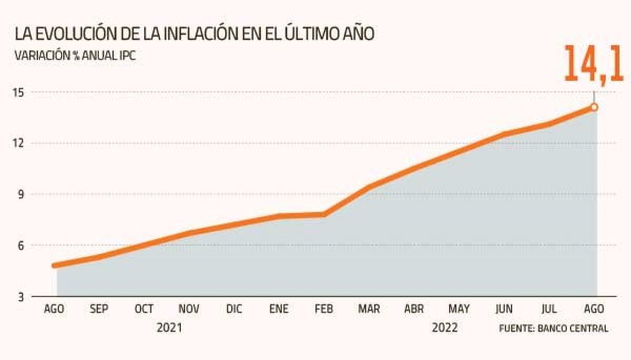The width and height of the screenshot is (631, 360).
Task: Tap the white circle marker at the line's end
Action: [594, 107]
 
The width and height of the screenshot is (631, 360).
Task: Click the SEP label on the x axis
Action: [99, 310]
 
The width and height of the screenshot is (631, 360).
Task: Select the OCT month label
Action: [144, 310]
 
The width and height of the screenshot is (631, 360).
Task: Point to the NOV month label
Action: [189, 310]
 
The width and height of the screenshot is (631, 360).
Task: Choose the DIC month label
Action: [233, 310]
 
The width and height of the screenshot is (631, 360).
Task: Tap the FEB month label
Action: [323, 310]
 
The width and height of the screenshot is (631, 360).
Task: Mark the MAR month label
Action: [369, 310]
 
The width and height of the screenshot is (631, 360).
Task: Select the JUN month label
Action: [504, 310]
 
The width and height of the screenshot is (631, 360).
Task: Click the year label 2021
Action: [170, 328]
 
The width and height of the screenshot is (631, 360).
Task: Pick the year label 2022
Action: [444, 328]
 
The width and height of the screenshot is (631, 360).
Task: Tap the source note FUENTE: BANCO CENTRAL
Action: [553, 329]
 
